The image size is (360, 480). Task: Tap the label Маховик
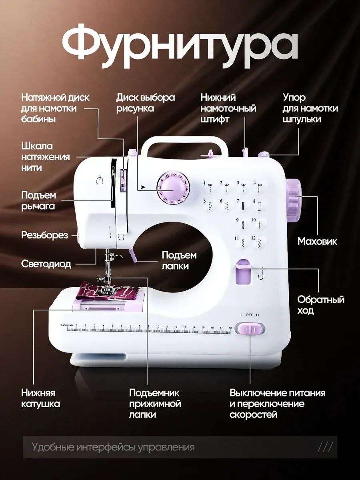(x=317, y=242)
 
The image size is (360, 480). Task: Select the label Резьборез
(x=44, y=235)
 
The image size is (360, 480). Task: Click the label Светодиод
(x=46, y=264)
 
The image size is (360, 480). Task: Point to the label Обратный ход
(x=321, y=305)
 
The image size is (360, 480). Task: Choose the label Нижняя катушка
(x=40, y=398)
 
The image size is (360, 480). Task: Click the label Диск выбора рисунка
(x=145, y=103)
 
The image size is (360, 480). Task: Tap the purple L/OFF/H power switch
(x=250, y=329)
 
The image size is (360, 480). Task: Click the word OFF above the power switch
(x=249, y=315)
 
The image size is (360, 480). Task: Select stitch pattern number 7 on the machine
(x=242, y=205)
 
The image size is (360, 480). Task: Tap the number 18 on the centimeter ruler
(x=230, y=328)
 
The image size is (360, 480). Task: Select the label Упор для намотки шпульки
(x=310, y=108)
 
